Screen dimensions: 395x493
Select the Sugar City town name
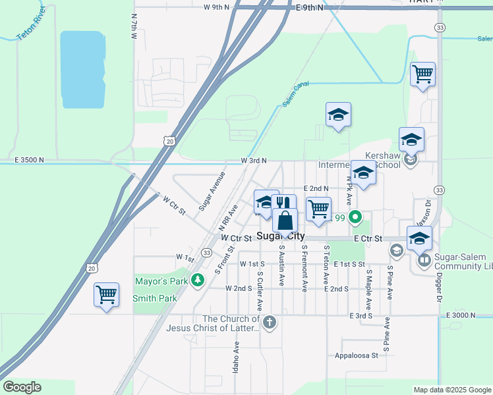(x=281, y=236)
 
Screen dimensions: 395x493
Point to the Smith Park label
(x=155, y=298)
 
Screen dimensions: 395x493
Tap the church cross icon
(x=269, y=323)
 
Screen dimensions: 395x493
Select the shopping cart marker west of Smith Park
(x=106, y=294)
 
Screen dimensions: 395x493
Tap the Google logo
(x=22, y=387)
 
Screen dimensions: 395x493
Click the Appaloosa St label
(x=356, y=355)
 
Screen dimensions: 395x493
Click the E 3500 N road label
(x=28, y=160)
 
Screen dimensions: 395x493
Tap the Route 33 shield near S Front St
(x=207, y=252)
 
